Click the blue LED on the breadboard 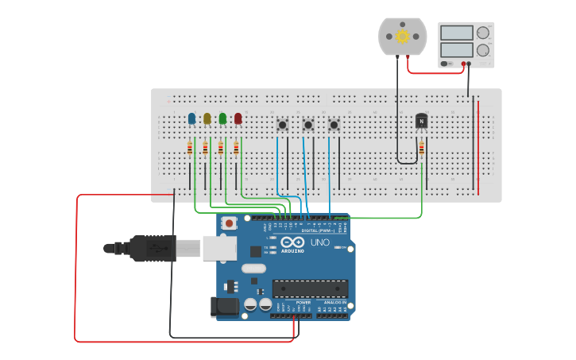[x=191, y=118]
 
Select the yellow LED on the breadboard [x=207, y=118]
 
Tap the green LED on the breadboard [x=222, y=118]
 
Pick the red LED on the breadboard [x=238, y=118]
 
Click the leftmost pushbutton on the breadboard [x=282, y=125]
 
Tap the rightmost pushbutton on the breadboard [x=334, y=125]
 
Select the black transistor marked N [x=421, y=121]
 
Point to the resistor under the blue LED [x=190, y=149]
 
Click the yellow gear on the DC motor [x=402, y=36]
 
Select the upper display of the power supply [x=456, y=33]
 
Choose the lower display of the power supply [x=456, y=49]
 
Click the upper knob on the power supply [x=483, y=33]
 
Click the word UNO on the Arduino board [x=319, y=242]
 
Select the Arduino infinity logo [x=292, y=242]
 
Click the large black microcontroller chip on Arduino [x=310, y=288]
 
